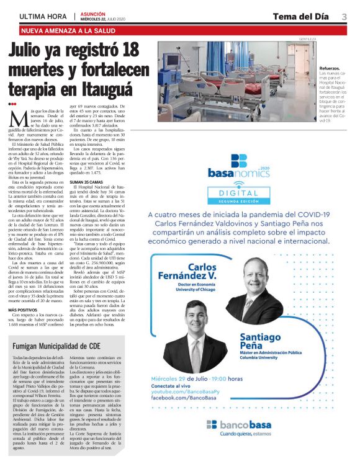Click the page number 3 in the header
pyautogui.click(x=343, y=16)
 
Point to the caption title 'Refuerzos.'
pyautogui.click(x=329, y=68)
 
